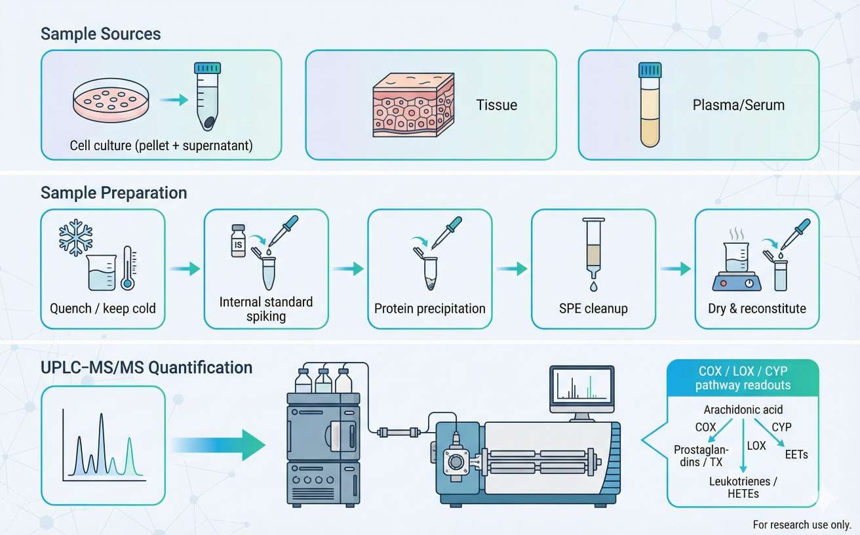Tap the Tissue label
(496, 104)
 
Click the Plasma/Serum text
(738, 104)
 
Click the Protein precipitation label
(429, 308)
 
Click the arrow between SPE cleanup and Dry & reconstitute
(675, 268)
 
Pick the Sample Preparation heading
(113, 193)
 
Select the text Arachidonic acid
(743, 410)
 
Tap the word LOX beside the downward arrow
(756, 445)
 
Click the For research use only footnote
(801, 525)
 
